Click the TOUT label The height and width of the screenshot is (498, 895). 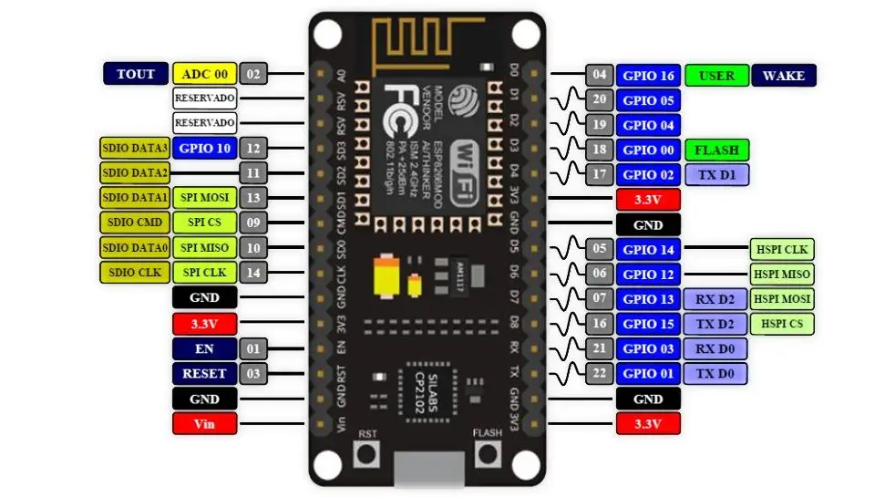point(136,74)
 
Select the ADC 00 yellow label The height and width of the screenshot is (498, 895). point(205,74)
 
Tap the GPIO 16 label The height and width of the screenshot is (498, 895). point(648,75)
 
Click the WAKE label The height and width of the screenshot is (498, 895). point(784,75)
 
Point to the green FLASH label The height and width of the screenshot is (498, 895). point(717,150)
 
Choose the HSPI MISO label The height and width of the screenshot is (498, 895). point(781,274)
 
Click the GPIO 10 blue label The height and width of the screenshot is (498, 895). point(205,148)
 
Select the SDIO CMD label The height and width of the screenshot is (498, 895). point(136,222)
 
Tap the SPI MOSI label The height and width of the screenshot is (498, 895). point(205,197)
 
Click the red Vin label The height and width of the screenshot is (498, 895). point(204,423)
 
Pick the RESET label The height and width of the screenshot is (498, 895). point(204,373)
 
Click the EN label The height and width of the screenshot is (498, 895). point(204,348)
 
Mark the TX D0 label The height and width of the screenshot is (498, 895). point(716,373)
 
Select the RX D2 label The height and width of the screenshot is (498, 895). point(716,298)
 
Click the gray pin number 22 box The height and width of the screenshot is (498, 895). point(599,373)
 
